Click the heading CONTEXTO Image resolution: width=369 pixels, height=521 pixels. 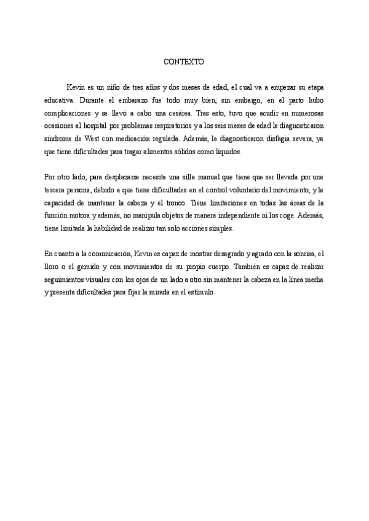(184, 62)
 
